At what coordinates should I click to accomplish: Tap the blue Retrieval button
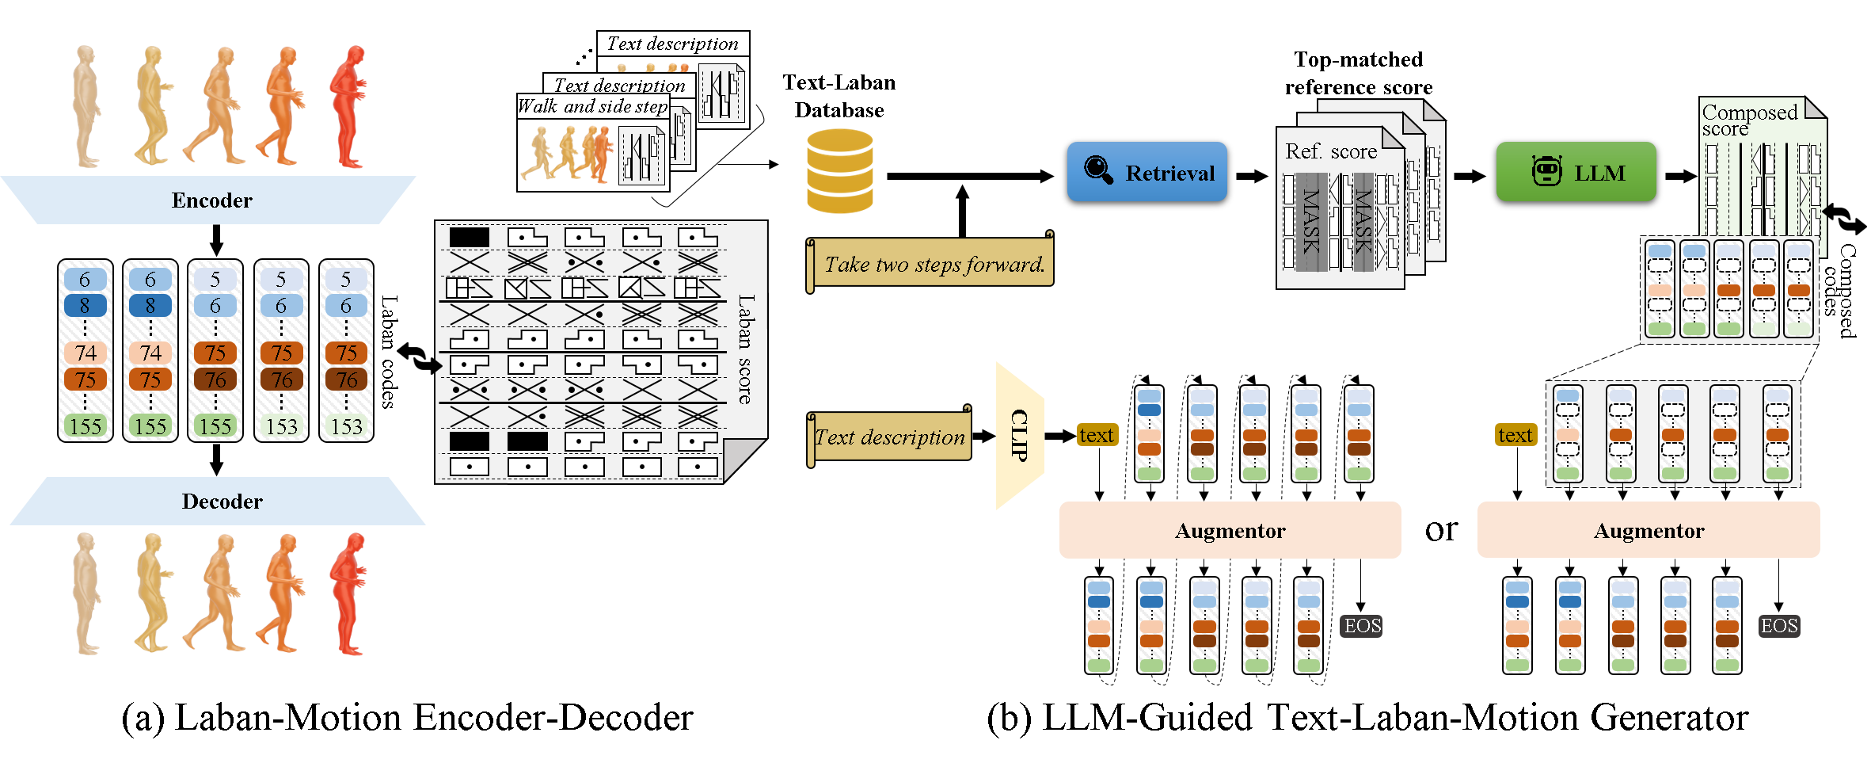[x=1147, y=172]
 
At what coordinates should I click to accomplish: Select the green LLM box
[x=1576, y=172]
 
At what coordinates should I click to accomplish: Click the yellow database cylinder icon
[x=839, y=171]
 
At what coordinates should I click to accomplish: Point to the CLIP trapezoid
[x=1019, y=435]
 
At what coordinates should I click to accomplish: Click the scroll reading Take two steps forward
[x=933, y=264]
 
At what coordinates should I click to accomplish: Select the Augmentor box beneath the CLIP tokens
[x=1230, y=530]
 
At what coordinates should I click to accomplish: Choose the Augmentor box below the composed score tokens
[x=1648, y=530]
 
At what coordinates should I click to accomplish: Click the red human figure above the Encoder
[x=348, y=107]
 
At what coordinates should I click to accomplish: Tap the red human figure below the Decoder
[x=348, y=594]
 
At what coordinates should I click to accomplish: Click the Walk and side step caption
[x=592, y=106]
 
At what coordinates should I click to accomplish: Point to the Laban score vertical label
[x=745, y=349]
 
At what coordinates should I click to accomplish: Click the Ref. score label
[x=1330, y=151]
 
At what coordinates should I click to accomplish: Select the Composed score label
[x=1748, y=120]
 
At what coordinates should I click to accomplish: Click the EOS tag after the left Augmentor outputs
[x=1362, y=626]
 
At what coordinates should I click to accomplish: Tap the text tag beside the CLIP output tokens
[x=1097, y=435]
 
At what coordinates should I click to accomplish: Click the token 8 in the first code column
[x=85, y=305]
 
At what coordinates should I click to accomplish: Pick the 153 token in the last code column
[x=346, y=427]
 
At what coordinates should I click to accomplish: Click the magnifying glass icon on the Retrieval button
[x=1098, y=169]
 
